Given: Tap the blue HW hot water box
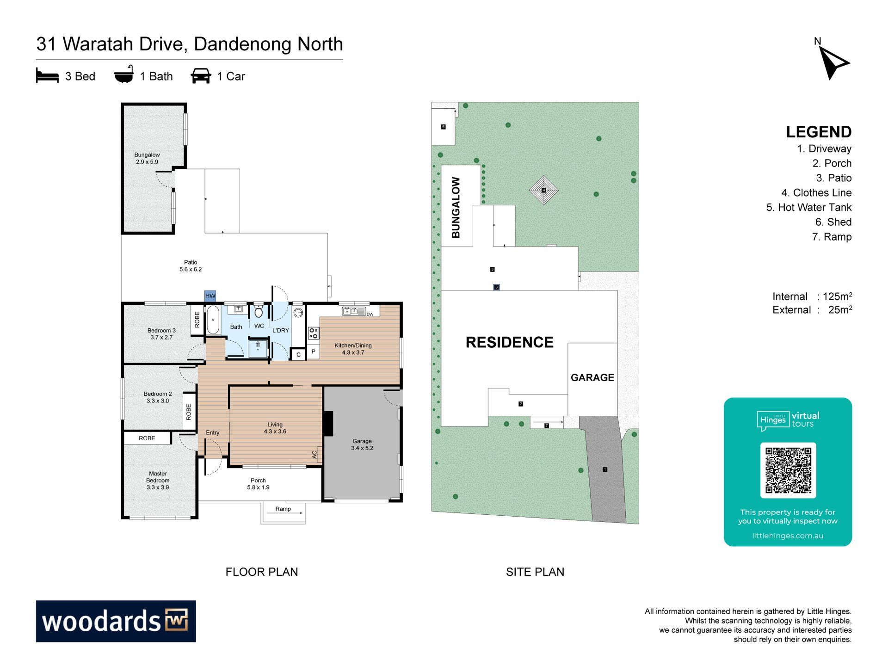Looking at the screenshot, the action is point(210,296).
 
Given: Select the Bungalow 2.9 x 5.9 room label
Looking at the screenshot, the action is point(147,158).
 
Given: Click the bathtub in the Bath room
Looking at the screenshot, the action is point(213,320).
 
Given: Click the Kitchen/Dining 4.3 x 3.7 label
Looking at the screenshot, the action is point(353,349).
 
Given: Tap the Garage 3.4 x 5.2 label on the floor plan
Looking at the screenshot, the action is point(362,444).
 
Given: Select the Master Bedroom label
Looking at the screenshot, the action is point(158,480).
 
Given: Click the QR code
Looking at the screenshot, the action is point(788,470).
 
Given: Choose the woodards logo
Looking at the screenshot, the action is point(116,621).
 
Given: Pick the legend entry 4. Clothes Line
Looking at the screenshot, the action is point(816,192).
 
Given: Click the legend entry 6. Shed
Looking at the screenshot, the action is point(833,222).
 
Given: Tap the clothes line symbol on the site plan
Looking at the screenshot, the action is point(544,190).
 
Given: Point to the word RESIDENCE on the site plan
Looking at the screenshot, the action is point(509,342).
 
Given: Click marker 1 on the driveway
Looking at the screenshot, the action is point(605,469).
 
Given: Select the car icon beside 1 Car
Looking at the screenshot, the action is point(201,76).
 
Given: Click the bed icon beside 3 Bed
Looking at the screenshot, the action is point(47,76).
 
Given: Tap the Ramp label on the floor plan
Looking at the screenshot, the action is point(283,509).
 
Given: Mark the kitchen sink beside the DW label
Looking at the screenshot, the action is point(354,311).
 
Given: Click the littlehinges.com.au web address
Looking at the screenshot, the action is point(788,536).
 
